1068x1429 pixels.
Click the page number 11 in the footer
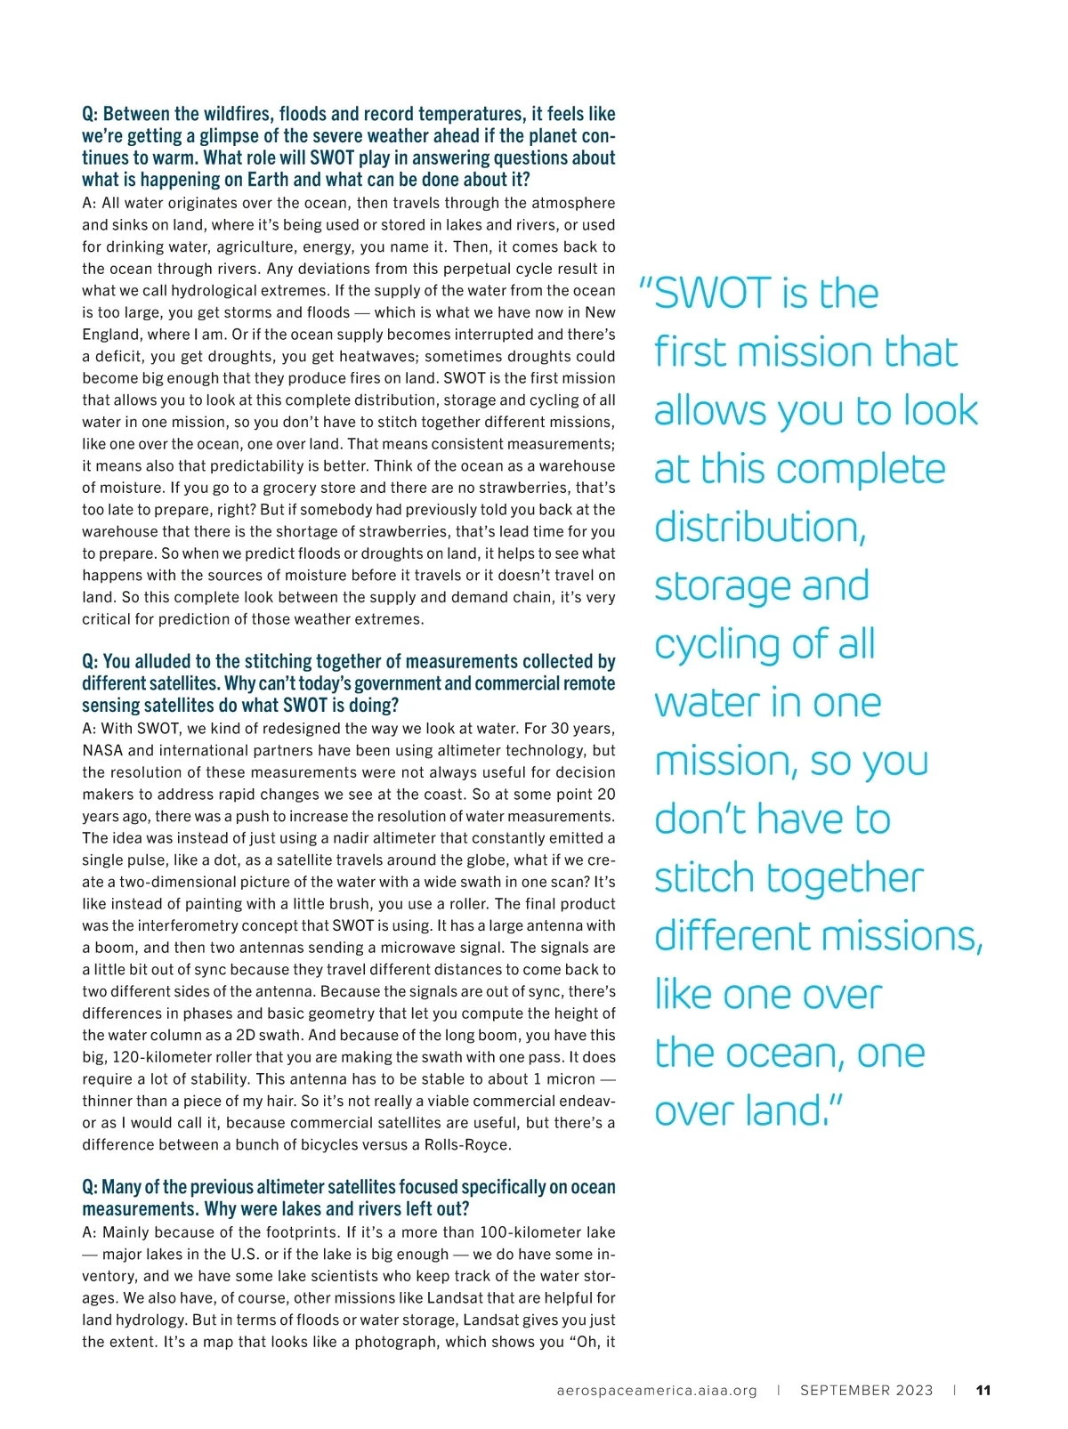pyautogui.click(x=983, y=1391)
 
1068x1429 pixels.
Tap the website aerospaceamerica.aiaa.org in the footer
pyautogui.click(x=657, y=1391)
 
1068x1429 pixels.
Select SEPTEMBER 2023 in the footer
pyautogui.click(x=866, y=1391)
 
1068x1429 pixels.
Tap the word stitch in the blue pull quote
pyautogui.click(x=705, y=878)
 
